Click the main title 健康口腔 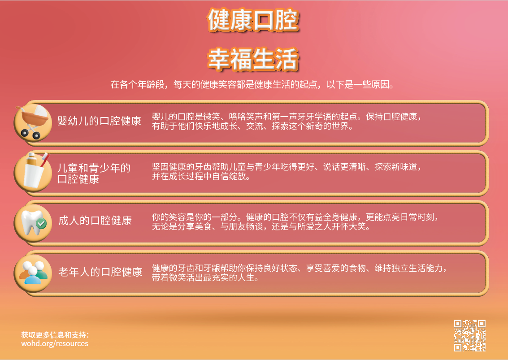click(x=253, y=21)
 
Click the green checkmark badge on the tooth click(x=41, y=223)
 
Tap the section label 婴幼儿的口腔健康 click(x=99, y=121)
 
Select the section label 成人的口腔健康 click(x=95, y=221)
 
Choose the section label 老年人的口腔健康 click(x=100, y=272)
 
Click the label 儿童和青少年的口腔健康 click(x=94, y=173)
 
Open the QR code click(x=469, y=335)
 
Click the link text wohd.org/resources click(x=55, y=344)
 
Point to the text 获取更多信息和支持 click(x=55, y=334)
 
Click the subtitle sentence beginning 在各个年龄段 click(x=253, y=85)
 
